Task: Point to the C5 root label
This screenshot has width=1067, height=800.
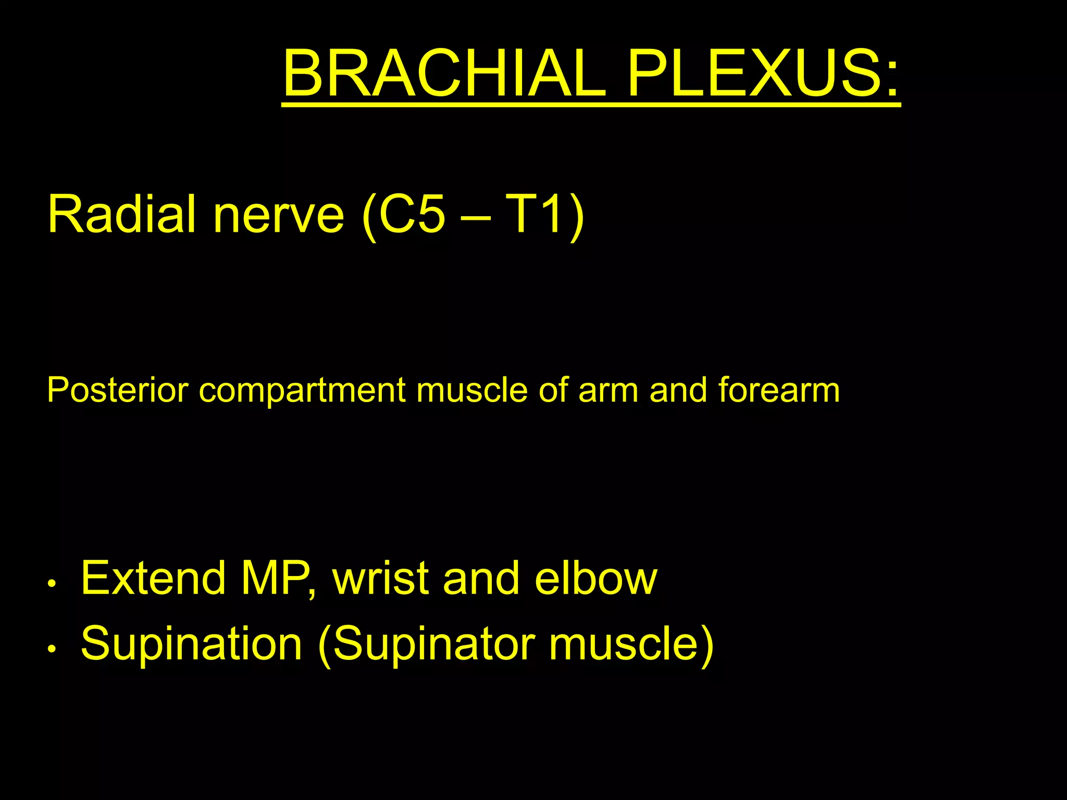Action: (x=412, y=214)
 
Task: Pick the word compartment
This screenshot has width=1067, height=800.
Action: (x=302, y=391)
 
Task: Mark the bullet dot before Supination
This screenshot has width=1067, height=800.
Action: (x=51, y=649)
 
